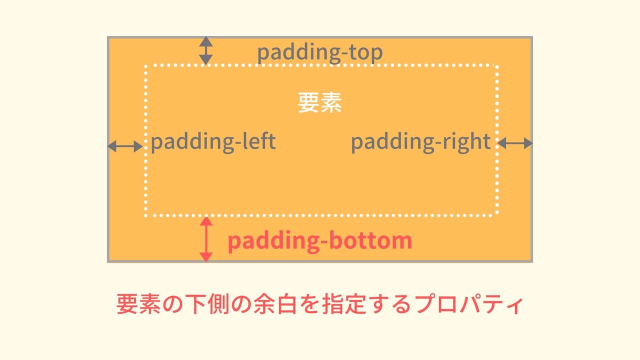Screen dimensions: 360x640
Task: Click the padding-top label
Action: tap(319, 53)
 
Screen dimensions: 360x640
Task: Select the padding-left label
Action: tap(213, 142)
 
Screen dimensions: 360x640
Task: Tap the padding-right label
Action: tap(420, 142)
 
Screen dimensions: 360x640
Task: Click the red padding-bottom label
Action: tap(319, 241)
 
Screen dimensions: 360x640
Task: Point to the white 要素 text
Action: tap(319, 103)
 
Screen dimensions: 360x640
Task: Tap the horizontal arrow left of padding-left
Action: tap(125, 146)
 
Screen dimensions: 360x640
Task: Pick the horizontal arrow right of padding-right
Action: tap(515, 143)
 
